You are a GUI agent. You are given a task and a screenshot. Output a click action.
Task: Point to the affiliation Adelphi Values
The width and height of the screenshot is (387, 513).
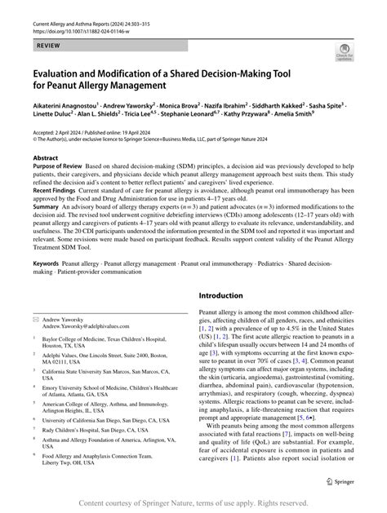tap(69, 356)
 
